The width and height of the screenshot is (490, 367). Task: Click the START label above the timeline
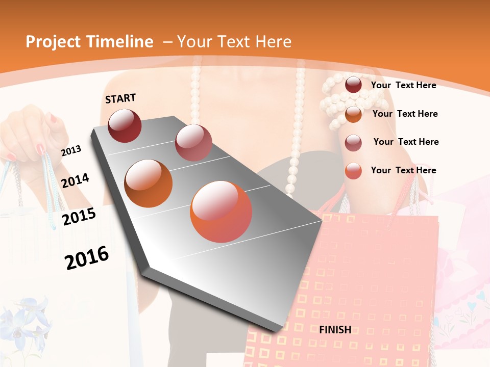point(120,98)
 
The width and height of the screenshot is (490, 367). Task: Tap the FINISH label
point(335,330)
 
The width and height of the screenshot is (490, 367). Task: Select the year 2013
point(71,150)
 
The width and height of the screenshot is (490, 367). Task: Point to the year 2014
point(76,180)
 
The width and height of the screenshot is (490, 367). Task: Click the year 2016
point(87,257)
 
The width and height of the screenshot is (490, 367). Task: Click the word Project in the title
point(53,42)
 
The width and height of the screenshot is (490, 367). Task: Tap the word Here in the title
point(273,42)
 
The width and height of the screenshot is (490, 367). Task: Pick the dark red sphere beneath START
point(125,125)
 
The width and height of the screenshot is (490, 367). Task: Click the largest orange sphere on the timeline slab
point(221,212)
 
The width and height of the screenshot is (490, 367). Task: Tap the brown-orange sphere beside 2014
point(148,183)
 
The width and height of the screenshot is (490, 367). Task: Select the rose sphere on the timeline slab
point(193,143)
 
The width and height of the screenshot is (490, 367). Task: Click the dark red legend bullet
point(353,85)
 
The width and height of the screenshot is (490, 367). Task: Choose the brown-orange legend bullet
point(353,114)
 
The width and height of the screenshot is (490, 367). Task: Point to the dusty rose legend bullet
point(353,143)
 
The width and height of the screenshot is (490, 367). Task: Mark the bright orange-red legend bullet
point(353,171)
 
